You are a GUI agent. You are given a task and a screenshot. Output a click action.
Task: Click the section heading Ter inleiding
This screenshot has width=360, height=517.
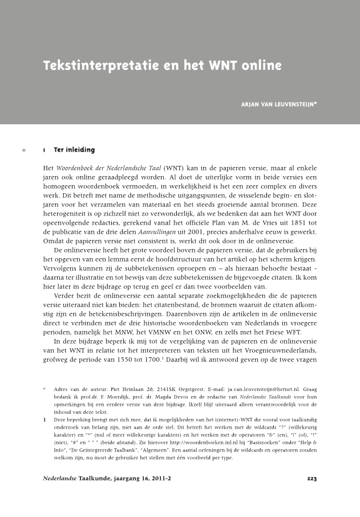74,150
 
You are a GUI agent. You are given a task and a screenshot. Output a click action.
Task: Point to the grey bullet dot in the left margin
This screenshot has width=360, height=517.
23,151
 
